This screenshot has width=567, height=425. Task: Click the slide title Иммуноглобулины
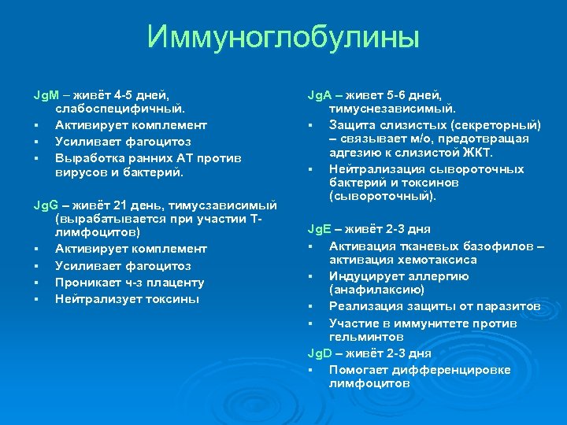tap(283, 37)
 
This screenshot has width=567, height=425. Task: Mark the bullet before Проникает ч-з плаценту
tap(37, 283)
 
